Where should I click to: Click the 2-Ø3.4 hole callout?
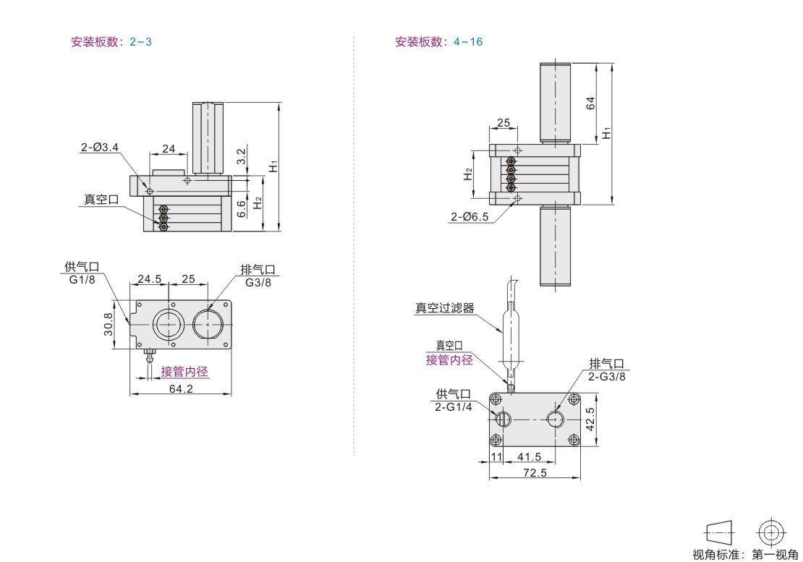coord(100,148)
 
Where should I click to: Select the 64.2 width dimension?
coord(181,388)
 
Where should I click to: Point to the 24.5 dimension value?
coord(149,278)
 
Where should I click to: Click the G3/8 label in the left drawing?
coord(258,283)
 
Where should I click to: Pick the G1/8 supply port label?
coord(82,280)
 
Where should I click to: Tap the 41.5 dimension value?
coord(529,456)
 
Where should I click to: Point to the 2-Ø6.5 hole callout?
coord(470,216)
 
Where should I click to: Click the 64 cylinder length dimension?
coord(590,103)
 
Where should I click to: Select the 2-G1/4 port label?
coord(453,407)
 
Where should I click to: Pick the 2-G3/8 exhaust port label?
coord(606,376)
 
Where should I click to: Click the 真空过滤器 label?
coord(444,307)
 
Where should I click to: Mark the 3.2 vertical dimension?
coord(242,156)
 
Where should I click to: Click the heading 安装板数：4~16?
coord(438,42)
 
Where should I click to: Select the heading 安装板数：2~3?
coord(111,42)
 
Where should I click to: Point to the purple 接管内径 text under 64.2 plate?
coord(184,372)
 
